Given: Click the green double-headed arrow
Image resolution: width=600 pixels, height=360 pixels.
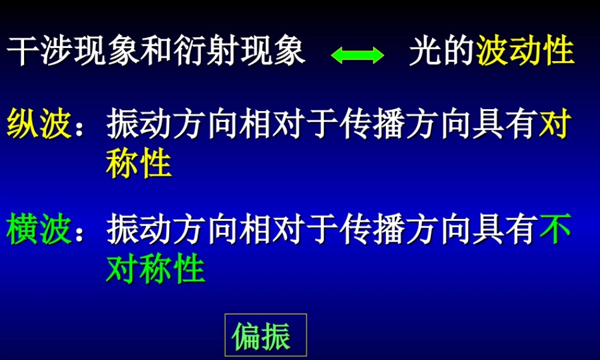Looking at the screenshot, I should click(x=358, y=55).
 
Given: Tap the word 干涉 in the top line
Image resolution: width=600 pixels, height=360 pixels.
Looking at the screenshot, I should click(x=40, y=52).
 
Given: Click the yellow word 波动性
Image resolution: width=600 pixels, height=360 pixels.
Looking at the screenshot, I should click(x=526, y=52).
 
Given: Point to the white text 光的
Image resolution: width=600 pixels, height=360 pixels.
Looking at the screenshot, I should click(x=442, y=52).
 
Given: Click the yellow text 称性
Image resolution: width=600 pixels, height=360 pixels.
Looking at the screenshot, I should click(x=139, y=164).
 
